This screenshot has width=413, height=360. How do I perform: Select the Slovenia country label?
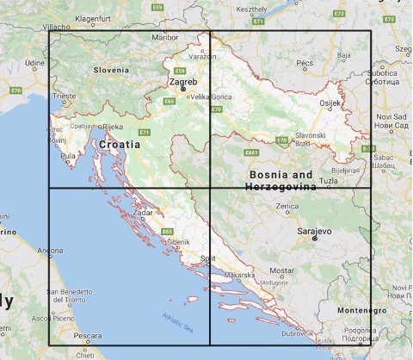click(111, 70)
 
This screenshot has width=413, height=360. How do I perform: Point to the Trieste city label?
click(64, 97)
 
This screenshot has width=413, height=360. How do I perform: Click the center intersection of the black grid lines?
click(211, 188)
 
